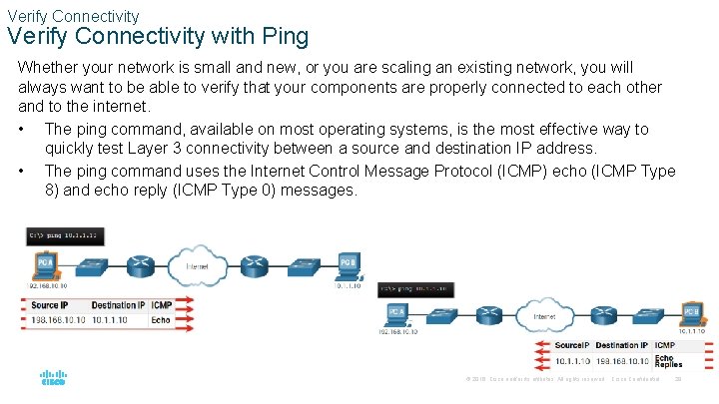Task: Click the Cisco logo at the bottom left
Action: click(53, 379)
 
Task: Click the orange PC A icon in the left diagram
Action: click(46, 265)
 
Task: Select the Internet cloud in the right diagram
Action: click(544, 317)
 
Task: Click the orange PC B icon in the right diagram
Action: click(690, 312)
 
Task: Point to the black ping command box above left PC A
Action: click(66, 236)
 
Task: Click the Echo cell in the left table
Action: click(161, 320)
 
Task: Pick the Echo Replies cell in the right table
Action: click(668, 361)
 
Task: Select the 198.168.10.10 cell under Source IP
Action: click(58, 320)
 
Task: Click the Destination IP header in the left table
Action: click(118, 304)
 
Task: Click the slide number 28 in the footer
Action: click(678, 379)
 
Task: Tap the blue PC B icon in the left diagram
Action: click(348, 265)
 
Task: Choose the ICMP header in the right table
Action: click(665, 344)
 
